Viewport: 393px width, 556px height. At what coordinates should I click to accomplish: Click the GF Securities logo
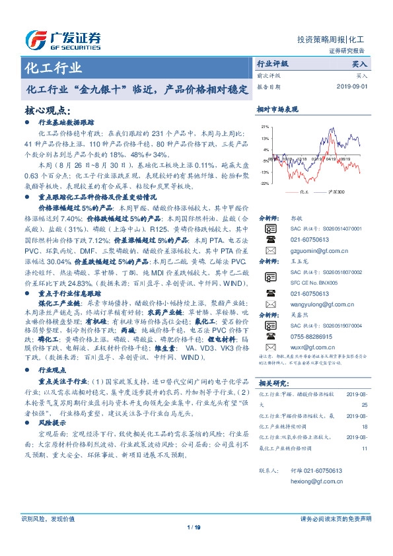pyautogui.click(x=63, y=40)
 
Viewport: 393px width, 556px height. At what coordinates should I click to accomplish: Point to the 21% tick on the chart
pyautogui.click(x=264, y=126)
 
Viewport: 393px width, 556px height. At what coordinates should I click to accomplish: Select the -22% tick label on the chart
pyautogui.click(x=264, y=183)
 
